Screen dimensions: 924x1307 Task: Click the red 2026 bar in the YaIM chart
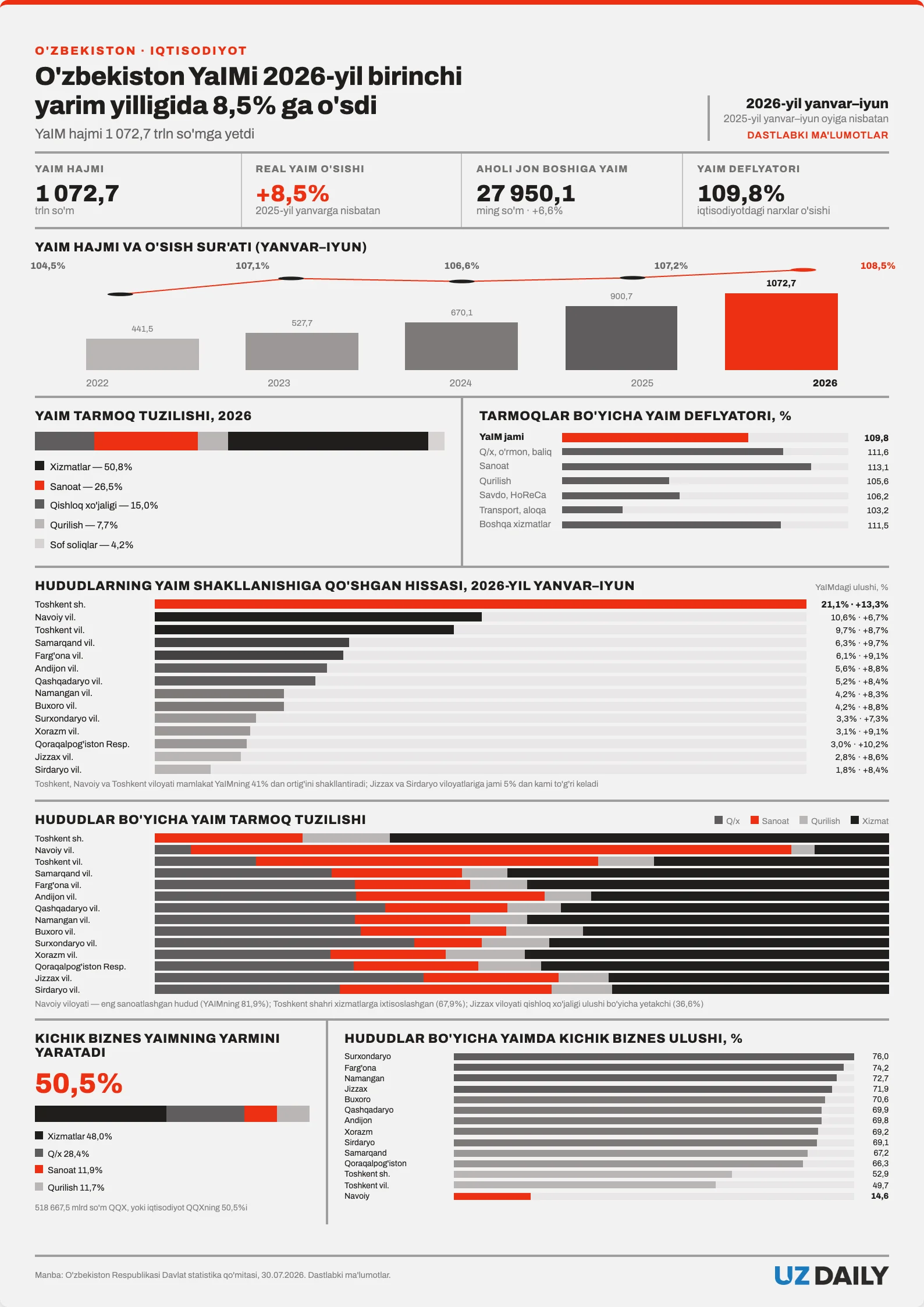(x=781, y=332)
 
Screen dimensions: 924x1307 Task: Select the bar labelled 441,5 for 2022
(x=143, y=354)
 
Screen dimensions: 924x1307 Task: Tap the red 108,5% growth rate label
(x=877, y=266)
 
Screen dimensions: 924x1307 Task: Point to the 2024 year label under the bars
(x=460, y=383)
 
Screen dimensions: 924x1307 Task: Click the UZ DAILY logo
(x=831, y=1276)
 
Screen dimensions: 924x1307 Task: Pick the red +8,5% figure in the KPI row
(x=292, y=194)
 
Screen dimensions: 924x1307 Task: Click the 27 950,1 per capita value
(x=525, y=193)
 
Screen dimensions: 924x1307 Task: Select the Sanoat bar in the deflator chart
(x=687, y=467)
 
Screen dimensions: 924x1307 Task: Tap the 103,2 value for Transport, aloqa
(x=877, y=510)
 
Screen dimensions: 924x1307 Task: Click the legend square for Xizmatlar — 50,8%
(x=40, y=466)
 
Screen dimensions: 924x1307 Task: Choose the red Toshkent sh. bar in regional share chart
(x=481, y=604)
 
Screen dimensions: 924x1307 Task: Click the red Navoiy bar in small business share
(x=492, y=1196)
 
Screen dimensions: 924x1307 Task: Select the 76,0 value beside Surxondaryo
(x=880, y=1056)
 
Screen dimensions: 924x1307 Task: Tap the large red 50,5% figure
(x=79, y=1084)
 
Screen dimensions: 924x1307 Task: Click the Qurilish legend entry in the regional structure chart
(x=820, y=821)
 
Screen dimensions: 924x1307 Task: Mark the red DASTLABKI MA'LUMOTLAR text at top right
(x=818, y=135)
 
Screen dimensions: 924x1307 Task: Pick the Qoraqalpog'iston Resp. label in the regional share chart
(x=82, y=744)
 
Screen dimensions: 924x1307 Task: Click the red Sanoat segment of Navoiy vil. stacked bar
(x=491, y=850)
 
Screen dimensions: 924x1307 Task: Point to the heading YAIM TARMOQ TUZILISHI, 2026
(x=143, y=415)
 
